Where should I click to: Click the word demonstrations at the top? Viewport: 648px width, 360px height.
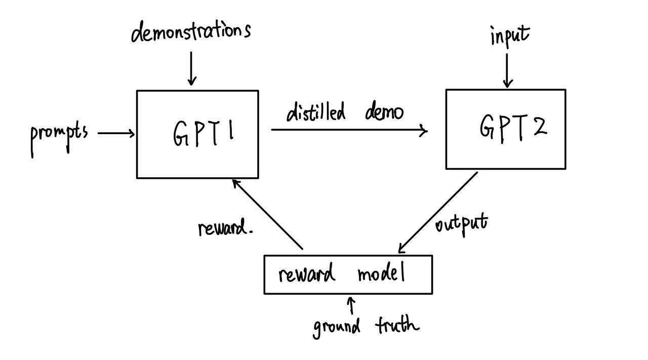(x=191, y=31)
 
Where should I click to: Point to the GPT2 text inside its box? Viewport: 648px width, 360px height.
(x=513, y=127)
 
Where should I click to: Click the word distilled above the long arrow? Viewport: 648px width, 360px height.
(x=316, y=112)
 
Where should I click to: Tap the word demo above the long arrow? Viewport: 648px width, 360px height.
(x=384, y=112)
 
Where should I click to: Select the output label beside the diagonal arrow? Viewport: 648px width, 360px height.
(x=461, y=223)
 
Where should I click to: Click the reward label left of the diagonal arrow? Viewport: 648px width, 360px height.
(x=224, y=229)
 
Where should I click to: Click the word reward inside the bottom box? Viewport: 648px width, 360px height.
(x=306, y=274)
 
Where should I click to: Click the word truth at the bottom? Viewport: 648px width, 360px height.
(x=397, y=324)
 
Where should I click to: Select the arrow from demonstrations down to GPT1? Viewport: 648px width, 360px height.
(x=191, y=68)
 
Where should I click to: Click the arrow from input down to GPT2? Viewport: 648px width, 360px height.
(x=507, y=70)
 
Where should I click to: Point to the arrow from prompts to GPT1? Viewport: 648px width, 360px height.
(x=116, y=134)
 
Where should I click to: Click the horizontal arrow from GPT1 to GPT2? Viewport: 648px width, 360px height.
(x=349, y=130)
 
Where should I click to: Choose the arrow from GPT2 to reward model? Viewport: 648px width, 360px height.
(x=438, y=212)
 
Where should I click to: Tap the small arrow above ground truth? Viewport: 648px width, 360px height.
(x=351, y=306)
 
